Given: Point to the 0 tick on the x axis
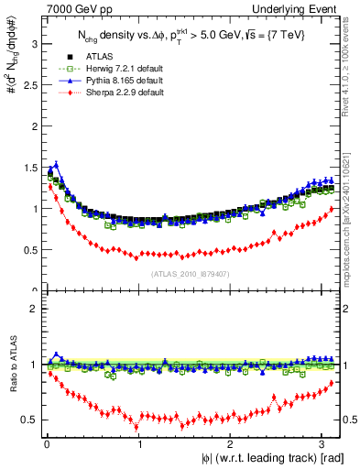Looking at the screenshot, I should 46,444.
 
